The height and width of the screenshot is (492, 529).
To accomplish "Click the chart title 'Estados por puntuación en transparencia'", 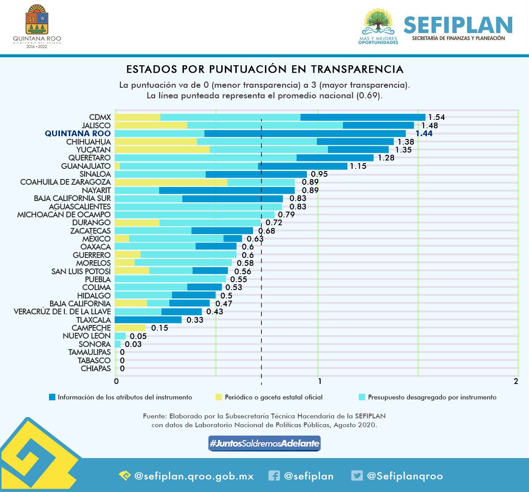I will coord(264,69).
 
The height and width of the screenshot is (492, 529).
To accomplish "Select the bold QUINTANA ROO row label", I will coord(78,133).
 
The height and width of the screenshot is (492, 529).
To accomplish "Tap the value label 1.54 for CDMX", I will coord(436,117).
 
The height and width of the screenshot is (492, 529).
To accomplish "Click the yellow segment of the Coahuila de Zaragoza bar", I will coord(171,182).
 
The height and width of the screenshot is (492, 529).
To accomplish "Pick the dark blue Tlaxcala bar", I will coord(148,320).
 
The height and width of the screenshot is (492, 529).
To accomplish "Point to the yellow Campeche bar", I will coord(130,328).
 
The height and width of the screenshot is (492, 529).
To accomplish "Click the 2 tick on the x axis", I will coord(516,382).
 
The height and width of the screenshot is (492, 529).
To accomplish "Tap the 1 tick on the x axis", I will coord(319,382).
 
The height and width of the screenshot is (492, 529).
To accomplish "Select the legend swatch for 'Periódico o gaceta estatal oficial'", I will coord(218,397).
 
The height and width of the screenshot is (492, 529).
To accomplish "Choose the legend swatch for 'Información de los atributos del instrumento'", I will coord(52,397).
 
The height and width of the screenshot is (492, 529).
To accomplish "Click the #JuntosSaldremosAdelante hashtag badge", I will coord(264,444).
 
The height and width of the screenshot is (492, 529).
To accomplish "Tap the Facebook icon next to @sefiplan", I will coord(274,476).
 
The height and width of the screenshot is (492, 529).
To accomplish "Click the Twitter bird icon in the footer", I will coord(357,476).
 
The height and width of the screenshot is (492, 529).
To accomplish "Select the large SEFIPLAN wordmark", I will coord(458,25).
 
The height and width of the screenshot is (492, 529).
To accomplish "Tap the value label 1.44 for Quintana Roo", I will coord(424,134).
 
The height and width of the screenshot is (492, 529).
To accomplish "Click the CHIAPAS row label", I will coord(96,368).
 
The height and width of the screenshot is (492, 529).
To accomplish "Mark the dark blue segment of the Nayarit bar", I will coord(227,190).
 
